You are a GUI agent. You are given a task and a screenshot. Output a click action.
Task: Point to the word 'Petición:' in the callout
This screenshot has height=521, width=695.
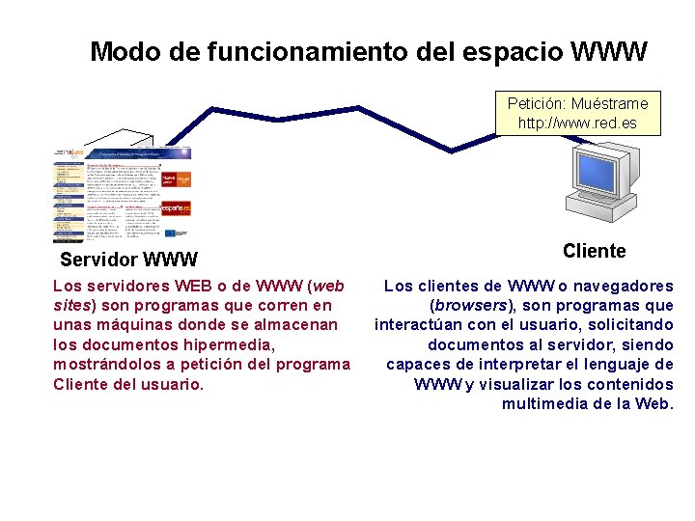(536, 103)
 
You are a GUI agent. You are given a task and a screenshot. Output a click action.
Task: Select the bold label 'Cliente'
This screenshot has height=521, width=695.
(594, 252)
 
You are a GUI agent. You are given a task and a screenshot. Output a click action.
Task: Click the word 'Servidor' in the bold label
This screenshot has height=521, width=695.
(97, 260)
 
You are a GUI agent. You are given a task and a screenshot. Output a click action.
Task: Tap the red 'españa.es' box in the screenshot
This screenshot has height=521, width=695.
(176, 207)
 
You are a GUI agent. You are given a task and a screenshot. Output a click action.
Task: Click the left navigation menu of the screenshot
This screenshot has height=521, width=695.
(68, 198)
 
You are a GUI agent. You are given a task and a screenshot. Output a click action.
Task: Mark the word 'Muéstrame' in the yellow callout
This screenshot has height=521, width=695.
(609, 103)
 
